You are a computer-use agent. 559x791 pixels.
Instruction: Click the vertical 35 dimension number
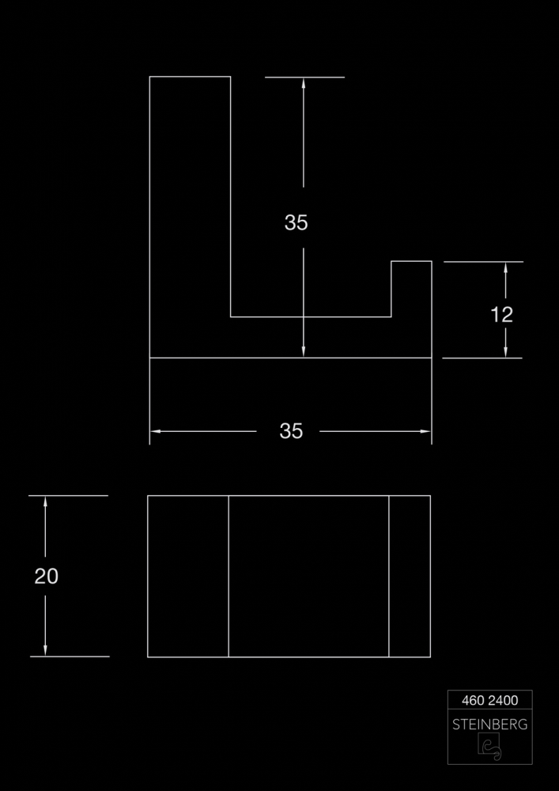tap(296, 222)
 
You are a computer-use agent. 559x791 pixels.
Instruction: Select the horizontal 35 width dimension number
tap(291, 431)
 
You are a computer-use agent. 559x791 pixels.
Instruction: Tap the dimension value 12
tap(501, 315)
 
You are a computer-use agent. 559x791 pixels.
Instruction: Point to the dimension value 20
tap(47, 576)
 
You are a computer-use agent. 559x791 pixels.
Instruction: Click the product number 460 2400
tap(490, 700)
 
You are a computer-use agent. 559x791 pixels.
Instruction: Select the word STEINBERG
tap(490, 725)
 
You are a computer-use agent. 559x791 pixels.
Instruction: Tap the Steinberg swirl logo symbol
tap(489, 746)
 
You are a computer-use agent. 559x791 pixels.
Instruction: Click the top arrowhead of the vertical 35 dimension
tap(304, 83)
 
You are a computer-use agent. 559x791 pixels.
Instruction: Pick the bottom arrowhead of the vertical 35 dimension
tap(304, 352)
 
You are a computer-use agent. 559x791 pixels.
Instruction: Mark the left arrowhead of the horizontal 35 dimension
tap(156, 431)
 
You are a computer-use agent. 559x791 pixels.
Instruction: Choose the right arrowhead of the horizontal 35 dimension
tap(425, 431)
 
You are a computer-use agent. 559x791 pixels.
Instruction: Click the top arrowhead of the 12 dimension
tap(505, 268)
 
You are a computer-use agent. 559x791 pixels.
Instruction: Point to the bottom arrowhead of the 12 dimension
tap(505, 352)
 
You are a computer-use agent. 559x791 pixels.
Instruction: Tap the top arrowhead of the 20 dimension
tap(45, 502)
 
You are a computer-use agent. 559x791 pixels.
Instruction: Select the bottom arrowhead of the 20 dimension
tap(45, 650)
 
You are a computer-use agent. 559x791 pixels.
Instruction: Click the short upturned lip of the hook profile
tap(411, 289)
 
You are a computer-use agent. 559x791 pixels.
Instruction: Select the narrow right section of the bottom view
tap(410, 576)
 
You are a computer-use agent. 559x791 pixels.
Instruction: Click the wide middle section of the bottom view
tap(309, 576)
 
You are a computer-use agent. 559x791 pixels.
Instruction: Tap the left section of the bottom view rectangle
tap(188, 576)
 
